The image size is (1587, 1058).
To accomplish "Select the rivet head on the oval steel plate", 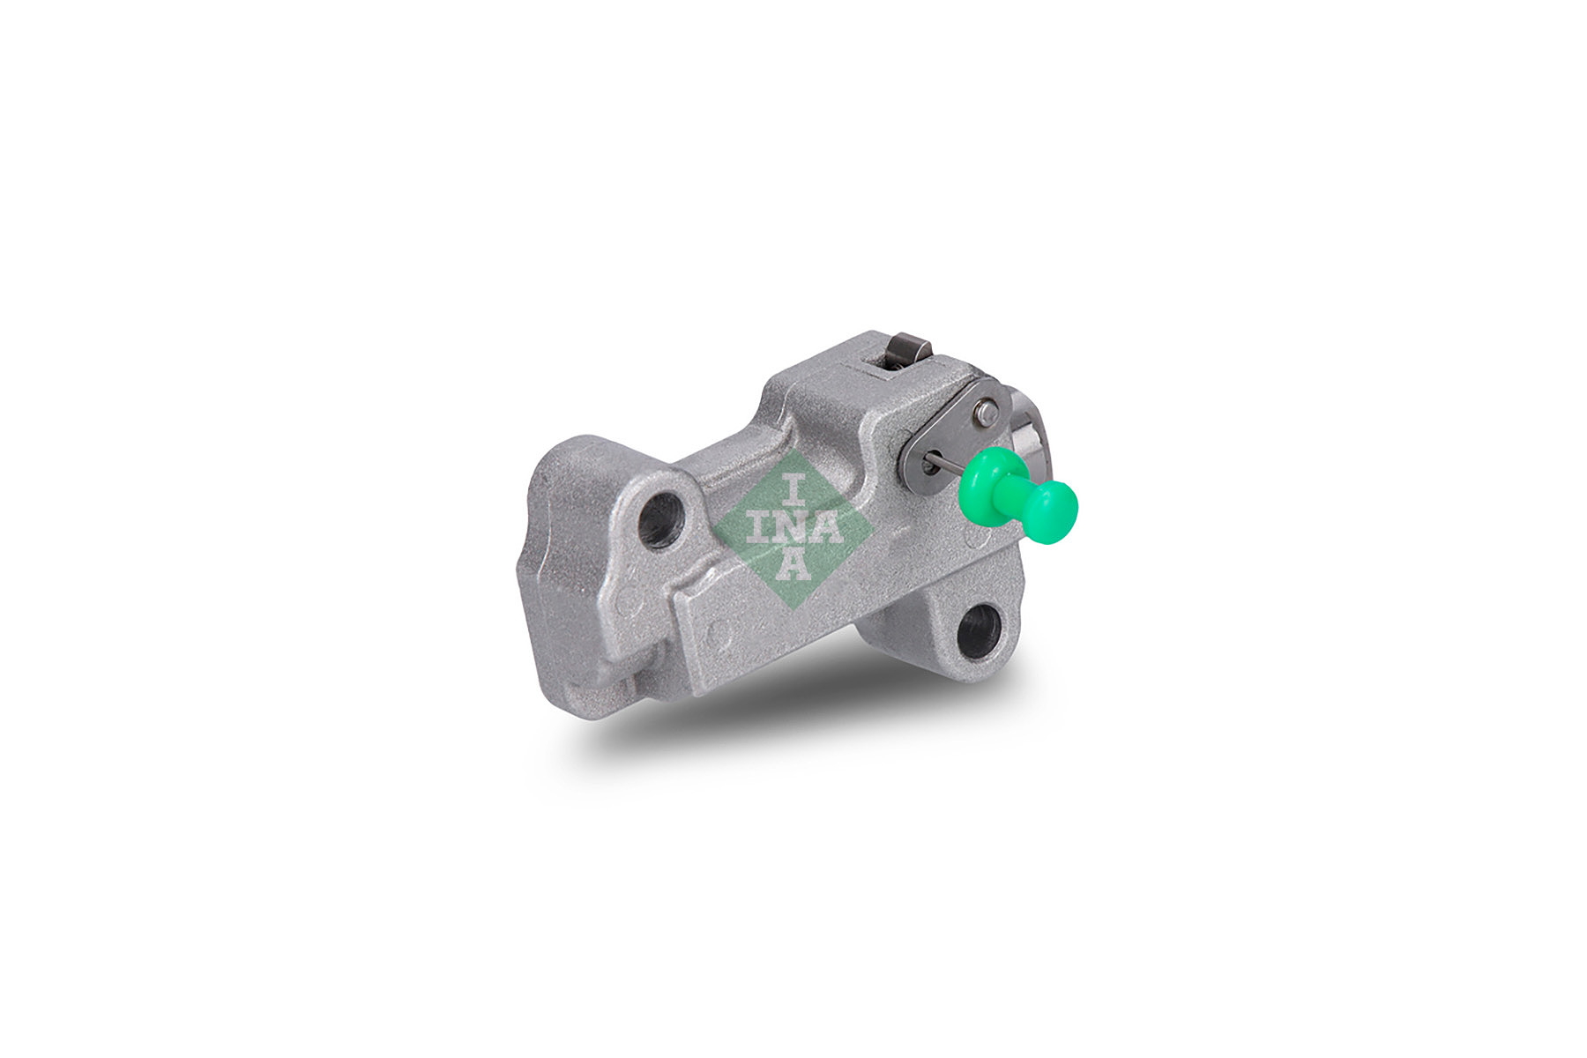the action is tap(988, 409).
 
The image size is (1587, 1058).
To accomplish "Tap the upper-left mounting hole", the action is tap(661, 519).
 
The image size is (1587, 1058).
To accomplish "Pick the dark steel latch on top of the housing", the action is tap(907, 350).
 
